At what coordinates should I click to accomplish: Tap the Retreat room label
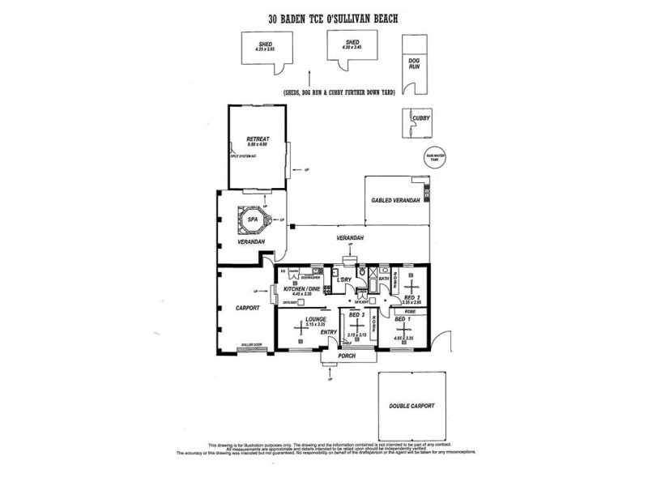(258, 139)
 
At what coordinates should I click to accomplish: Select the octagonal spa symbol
(252, 219)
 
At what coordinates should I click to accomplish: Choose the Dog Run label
(415, 65)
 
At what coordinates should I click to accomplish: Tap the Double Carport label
(412, 406)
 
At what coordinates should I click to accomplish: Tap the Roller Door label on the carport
(251, 346)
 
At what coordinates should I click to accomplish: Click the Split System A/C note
(241, 154)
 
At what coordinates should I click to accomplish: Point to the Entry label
(328, 332)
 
